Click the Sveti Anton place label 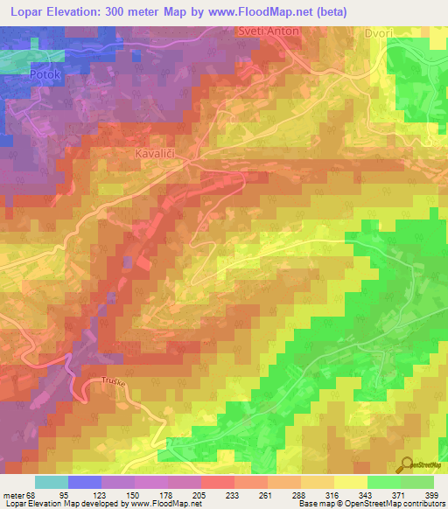point(269,31)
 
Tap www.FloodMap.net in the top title point(255,12)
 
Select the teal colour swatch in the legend point(52,482)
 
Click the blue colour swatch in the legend point(85,482)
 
